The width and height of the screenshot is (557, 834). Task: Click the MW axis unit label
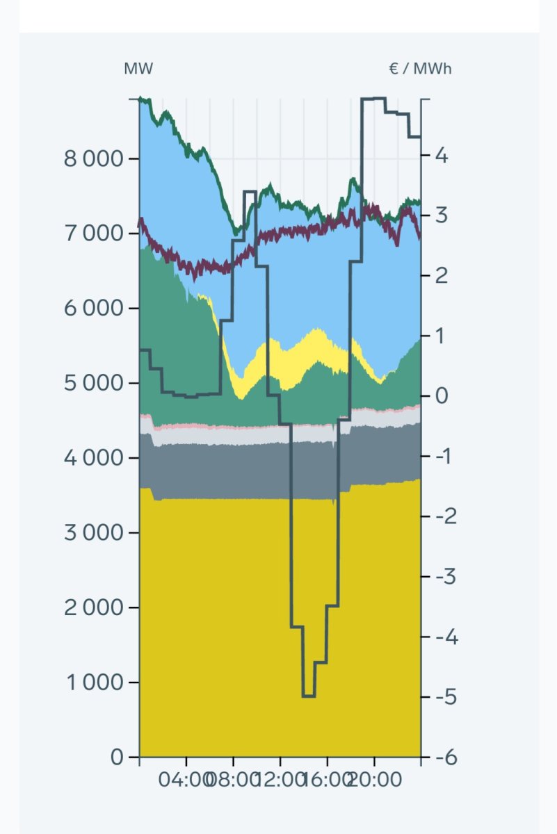click(x=138, y=69)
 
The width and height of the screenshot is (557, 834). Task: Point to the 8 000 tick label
click(x=93, y=158)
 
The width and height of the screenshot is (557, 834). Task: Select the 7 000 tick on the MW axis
click(x=93, y=234)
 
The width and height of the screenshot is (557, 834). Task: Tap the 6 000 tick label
click(x=93, y=309)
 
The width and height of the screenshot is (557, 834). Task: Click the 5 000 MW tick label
click(x=93, y=384)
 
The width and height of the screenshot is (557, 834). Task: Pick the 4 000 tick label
click(x=93, y=458)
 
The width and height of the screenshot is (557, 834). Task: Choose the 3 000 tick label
click(x=93, y=533)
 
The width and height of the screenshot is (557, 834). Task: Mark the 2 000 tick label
click(x=93, y=608)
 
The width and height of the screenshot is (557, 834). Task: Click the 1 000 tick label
click(x=93, y=682)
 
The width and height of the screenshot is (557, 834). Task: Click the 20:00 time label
click(x=376, y=780)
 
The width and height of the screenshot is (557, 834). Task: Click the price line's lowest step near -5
click(x=309, y=696)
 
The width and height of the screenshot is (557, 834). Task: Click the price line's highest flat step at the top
click(x=373, y=99)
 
